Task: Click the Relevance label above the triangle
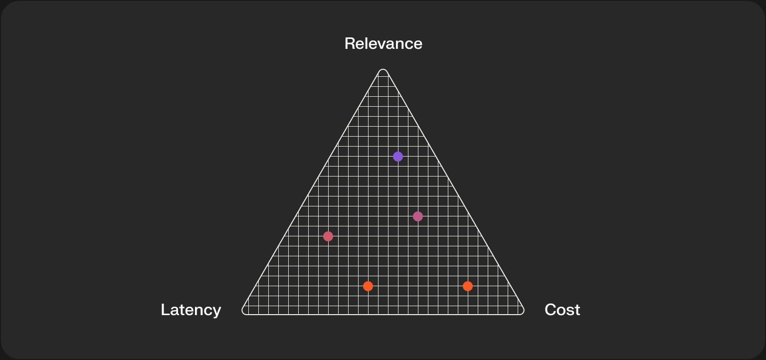click(x=383, y=44)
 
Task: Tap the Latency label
click(x=191, y=310)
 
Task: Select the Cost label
click(x=562, y=310)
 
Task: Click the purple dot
click(x=398, y=157)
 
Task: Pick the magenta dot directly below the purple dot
click(x=418, y=216)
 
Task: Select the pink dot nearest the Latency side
click(x=328, y=236)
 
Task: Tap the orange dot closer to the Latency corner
click(x=368, y=286)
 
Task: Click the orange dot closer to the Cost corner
click(x=468, y=286)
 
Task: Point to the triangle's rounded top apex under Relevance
click(x=383, y=71)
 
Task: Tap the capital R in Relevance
click(x=350, y=44)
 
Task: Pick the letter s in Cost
click(x=570, y=310)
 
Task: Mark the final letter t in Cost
click(x=577, y=310)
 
